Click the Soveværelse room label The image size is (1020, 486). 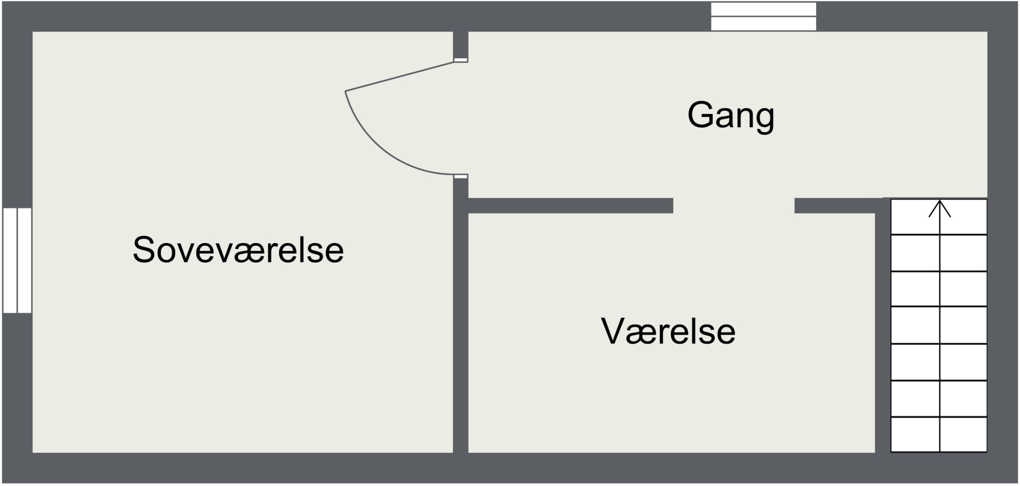[238, 250]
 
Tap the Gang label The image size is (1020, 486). [730, 115]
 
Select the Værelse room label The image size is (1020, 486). [668, 331]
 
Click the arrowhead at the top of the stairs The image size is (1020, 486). [939, 208]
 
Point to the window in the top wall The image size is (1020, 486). [763, 16]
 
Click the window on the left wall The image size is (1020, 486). [17, 260]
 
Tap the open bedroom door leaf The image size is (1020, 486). [399, 77]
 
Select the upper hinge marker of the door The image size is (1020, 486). [461, 60]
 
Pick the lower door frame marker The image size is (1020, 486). [461, 176]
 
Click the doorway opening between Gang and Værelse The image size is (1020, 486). [734, 205]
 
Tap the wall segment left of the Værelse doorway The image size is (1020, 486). [570, 205]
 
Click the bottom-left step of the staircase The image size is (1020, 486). [915, 435]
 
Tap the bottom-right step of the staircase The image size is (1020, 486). [963, 435]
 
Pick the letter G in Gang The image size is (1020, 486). [701, 115]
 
